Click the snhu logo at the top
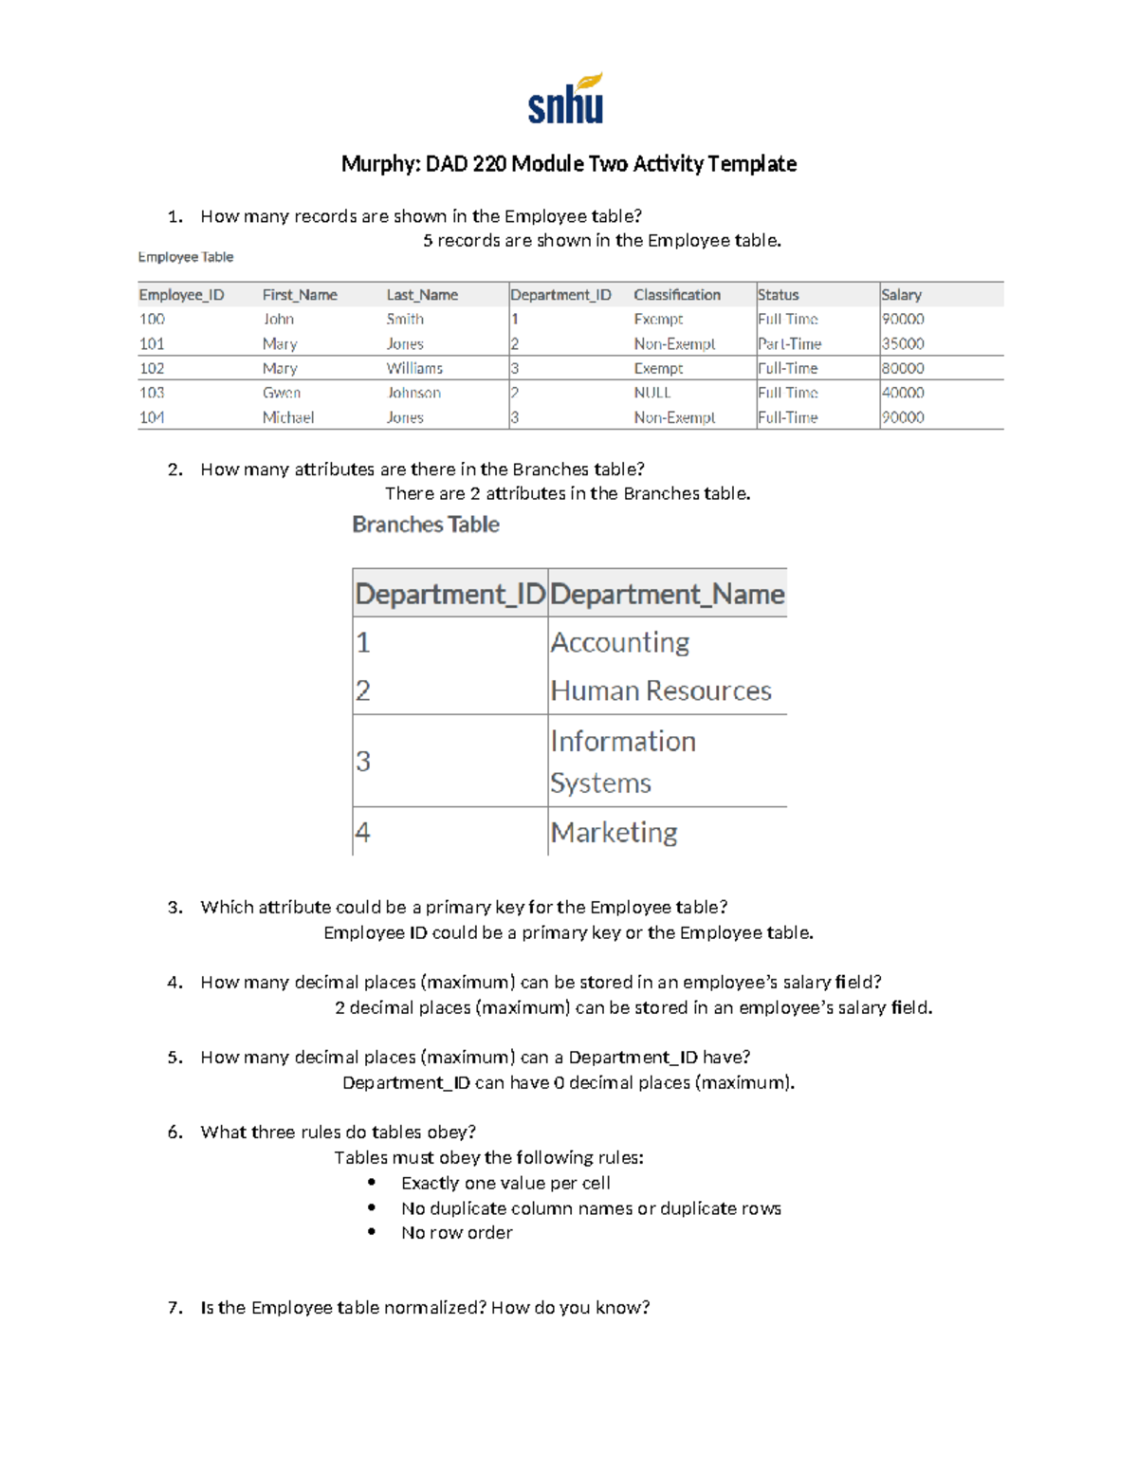click(566, 100)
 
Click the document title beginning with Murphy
click(568, 164)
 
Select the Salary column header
click(901, 295)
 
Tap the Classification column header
click(677, 295)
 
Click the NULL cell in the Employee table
click(652, 393)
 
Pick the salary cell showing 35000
click(903, 343)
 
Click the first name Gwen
click(282, 393)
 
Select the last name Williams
click(414, 368)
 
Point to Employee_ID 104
click(152, 417)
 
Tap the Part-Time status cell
click(789, 343)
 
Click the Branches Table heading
click(426, 525)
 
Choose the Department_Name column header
click(667, 595)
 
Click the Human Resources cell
click(661, 690)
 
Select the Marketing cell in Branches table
click(614, 832)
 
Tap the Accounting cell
click(619, 642)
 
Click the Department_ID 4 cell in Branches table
click(362, 832)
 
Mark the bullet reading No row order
click(456, 1232)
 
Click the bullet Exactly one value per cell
click(505, 1183)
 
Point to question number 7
click(174, 1307)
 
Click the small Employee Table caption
click(186, 257)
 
